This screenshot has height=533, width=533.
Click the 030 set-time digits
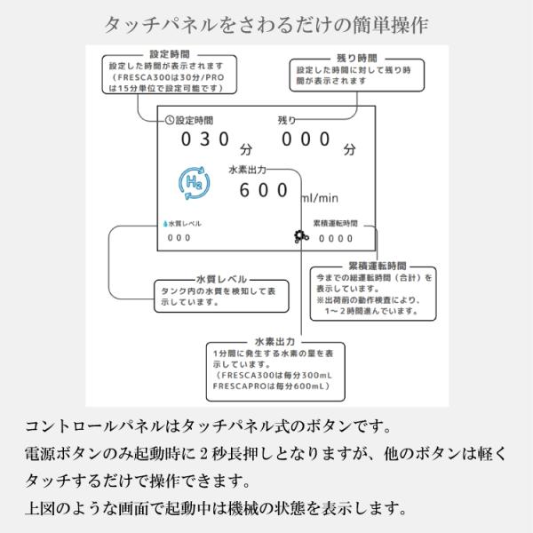click(206, 139)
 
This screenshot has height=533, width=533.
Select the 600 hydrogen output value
click(265, 189)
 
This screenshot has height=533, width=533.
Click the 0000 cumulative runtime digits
click(337, 238)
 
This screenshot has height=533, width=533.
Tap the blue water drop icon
click(164, 224)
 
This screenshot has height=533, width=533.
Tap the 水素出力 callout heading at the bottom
click(274, 340)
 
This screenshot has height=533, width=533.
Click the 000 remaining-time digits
click(306, 139)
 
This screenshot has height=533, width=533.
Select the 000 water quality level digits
click(179, 238)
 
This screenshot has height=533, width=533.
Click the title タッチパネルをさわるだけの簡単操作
click(266, 20)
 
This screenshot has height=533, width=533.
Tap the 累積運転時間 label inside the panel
click(336, 224)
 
